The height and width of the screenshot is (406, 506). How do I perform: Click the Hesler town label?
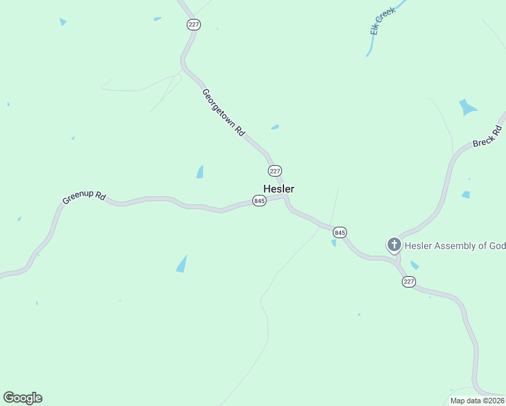coord(279,189)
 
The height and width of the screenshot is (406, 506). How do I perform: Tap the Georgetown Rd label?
coord(223,112)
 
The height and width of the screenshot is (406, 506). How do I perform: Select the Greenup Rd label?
coord(84,198)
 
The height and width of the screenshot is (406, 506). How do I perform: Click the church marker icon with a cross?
coord(394,244)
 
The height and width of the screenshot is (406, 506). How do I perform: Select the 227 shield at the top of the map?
coord(194,24)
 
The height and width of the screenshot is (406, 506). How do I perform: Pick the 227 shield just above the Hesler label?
coord(275,171)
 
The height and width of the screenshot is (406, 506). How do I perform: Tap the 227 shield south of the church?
coord(409,281)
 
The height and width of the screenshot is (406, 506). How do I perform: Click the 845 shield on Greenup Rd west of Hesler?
coord(259,201)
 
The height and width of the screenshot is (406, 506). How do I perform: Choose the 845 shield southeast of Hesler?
coord(340,232)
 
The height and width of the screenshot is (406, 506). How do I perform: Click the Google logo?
coord(22,398)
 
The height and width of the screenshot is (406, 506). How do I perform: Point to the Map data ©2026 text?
coord(477,401)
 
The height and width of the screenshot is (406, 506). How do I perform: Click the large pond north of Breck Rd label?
coord(467,108)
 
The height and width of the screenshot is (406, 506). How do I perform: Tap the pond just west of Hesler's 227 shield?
coord(200,172)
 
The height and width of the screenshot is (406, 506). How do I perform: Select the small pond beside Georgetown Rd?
coord(275,127)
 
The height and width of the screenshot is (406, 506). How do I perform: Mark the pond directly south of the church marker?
coord(414,265)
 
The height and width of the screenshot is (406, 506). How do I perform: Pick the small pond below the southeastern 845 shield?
coord(333,243)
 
